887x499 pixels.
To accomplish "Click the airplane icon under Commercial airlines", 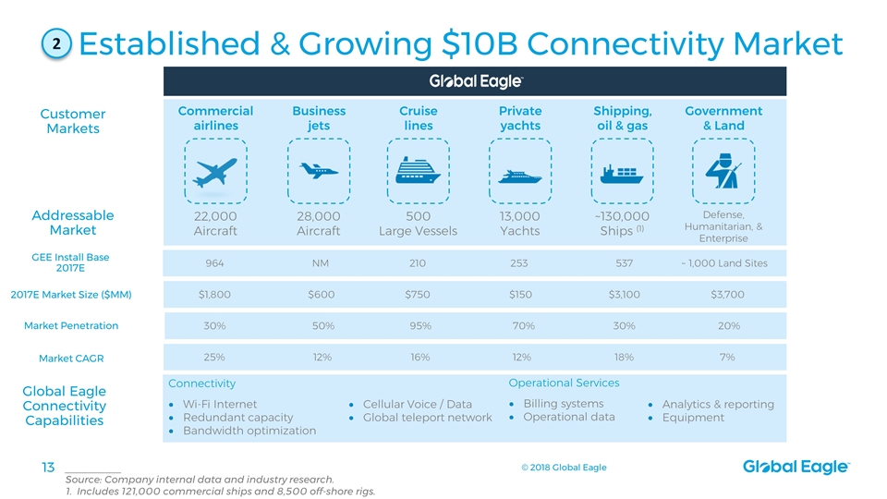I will [x=215, y=172].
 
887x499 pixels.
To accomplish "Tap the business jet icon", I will [x=319, y=171].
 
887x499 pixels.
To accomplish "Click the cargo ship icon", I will [x=621, y=173].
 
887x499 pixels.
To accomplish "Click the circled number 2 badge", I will [x=56, y=43].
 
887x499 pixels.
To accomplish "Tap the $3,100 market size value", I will [x=624, y=295].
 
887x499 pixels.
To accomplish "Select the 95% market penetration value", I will [x=420, y=325].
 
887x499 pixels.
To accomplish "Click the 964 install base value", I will [x=214, y=263].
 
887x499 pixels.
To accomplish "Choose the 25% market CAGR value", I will [x=214, y=357].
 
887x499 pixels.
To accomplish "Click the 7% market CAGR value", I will [x=727, y=357].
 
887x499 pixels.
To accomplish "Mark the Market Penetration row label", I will [x=71, y=325].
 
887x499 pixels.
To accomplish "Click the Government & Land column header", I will [x=723, y=118].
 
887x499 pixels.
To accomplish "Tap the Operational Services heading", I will [x=564, y=383].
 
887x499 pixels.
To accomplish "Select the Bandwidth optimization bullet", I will [x=249, y=431].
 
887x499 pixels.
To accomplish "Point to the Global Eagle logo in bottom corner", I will [x=796, y=469].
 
